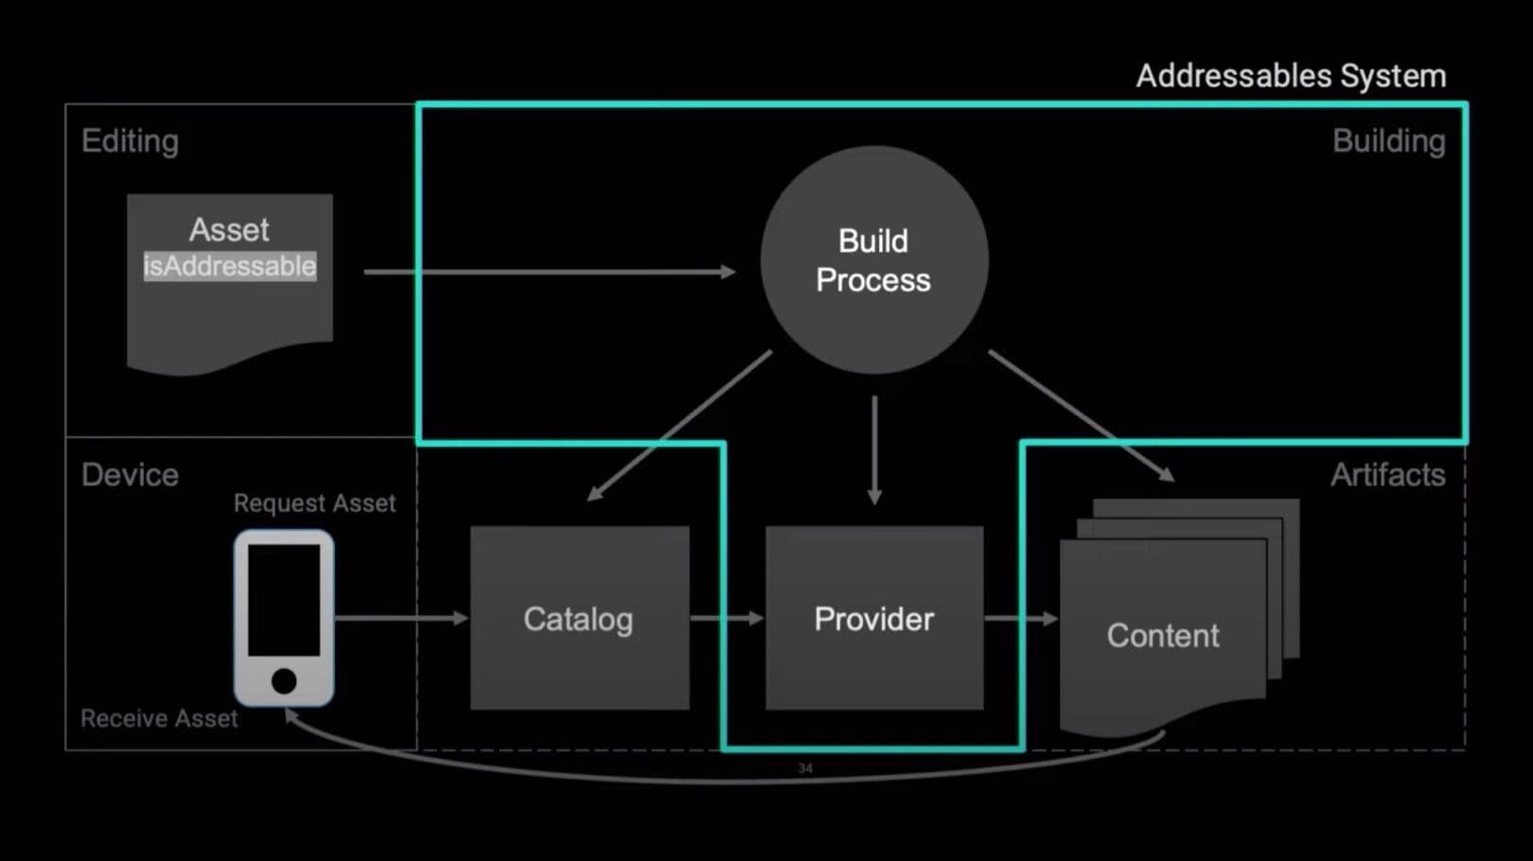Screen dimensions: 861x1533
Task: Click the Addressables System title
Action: click(x=1290, y=76)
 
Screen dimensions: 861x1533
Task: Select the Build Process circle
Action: click(x=873, y=260)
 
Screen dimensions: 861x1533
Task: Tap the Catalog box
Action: click(x=579, y=619)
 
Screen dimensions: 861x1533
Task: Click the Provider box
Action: click(x=873, y=619)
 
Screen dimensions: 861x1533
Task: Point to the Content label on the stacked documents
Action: click(x=1162, y=636)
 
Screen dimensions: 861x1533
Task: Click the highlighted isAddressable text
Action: click(x=229, y=266)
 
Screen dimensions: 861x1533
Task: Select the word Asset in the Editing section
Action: click(x=229, y=230)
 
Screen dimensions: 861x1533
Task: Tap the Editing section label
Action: click(x=130, y=141)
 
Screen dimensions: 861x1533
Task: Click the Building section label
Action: click(x=1388, y=141)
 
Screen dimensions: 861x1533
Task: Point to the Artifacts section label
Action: click(x=1387, y=474)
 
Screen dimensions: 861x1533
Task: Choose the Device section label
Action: click(x=130, y=474)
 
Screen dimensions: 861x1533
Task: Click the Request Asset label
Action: click(x=314, y=503)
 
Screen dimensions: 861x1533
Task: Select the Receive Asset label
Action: click(x=159, y=719)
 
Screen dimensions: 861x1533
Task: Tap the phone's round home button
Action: click(x=284, y=680)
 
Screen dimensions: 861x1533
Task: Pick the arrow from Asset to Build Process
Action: click(x=549, y=272)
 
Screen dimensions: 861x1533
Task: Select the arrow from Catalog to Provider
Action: click(x=726, y=618)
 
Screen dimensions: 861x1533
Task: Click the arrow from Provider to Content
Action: click(x=1020, y=619)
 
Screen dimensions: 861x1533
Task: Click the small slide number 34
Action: click(x=805, y=768)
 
